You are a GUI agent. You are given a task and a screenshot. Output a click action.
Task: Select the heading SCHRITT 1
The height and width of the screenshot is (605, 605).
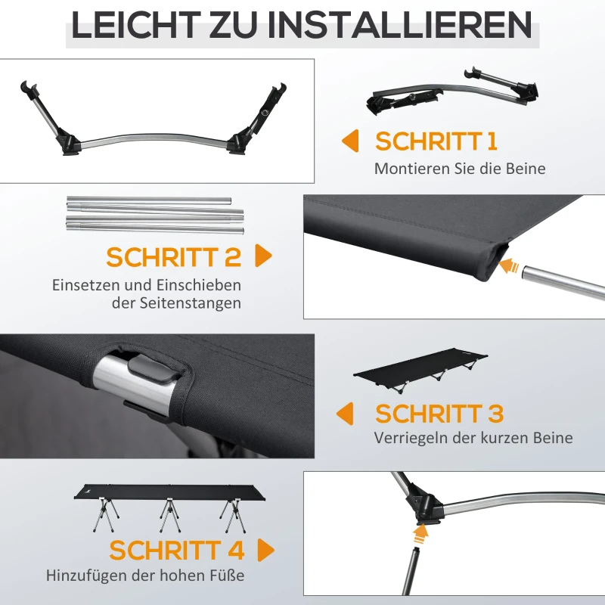(436, 141)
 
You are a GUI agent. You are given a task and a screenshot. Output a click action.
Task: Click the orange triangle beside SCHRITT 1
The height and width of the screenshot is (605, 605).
(349, 141)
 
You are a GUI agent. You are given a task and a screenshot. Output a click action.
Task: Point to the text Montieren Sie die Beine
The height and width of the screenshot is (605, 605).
(460, 169)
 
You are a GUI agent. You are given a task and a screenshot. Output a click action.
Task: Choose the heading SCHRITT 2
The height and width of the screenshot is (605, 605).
(173, 257)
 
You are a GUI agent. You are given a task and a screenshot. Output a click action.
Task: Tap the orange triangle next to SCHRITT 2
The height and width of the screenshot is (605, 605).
(263, 256)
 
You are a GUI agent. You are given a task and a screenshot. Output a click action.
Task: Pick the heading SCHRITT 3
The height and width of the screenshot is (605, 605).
(439, 414)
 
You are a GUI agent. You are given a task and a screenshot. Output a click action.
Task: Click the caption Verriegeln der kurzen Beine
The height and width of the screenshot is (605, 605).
(473, 438)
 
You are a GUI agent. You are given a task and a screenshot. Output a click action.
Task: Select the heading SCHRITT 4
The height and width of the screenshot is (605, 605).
(176, 550)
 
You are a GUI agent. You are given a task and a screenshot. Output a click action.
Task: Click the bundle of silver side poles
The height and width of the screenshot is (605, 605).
(155, 214)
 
